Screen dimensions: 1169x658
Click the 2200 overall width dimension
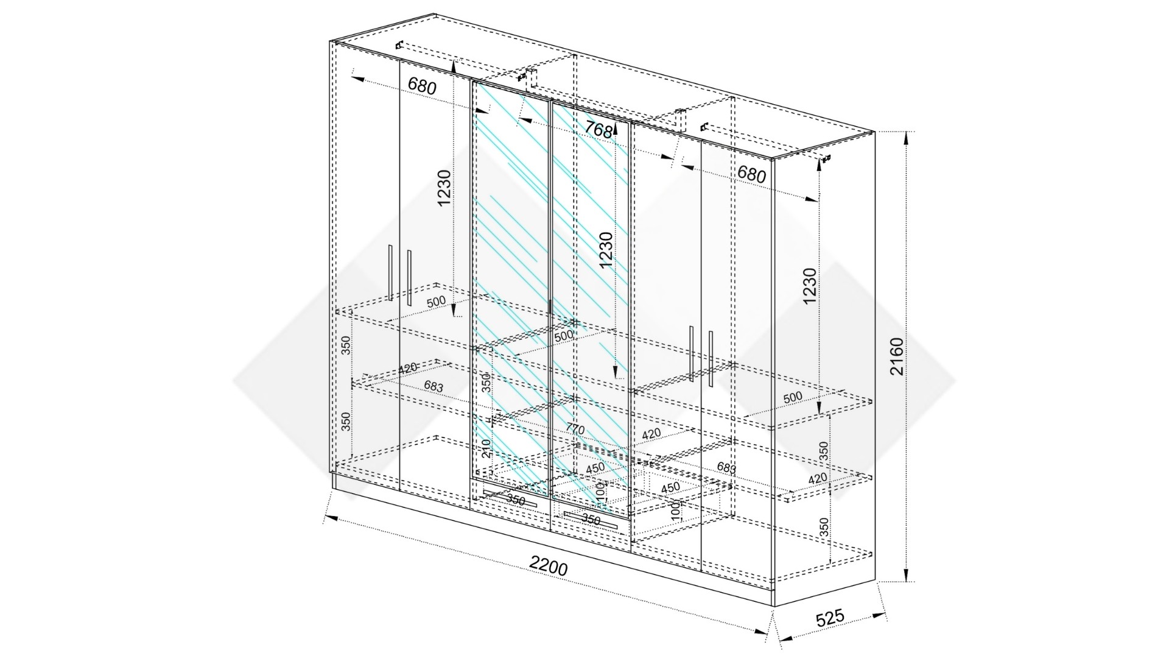548,567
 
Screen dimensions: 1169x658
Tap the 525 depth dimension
830,617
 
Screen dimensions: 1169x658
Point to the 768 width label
598,130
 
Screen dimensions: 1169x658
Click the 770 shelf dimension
575,429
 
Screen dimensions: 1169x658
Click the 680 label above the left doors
422,86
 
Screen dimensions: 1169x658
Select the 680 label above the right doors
751,174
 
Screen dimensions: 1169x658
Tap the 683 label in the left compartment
434,386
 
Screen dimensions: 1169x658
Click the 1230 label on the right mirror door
605,250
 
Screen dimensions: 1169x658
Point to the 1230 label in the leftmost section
444,188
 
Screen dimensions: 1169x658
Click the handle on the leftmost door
390,272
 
